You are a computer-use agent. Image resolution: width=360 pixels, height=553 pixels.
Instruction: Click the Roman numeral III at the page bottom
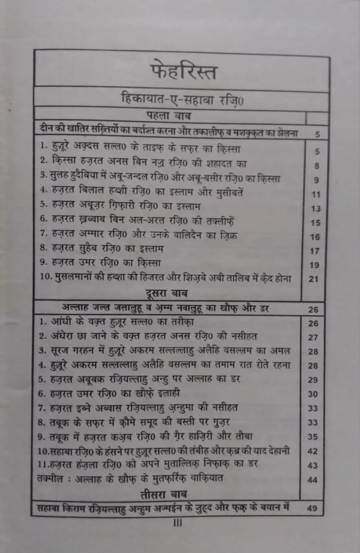tap(178, 522)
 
